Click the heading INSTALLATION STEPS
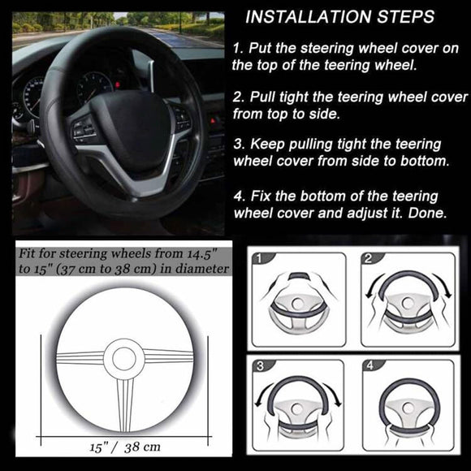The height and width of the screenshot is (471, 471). [339, 16]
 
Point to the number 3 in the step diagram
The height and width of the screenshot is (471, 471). [261, 367]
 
